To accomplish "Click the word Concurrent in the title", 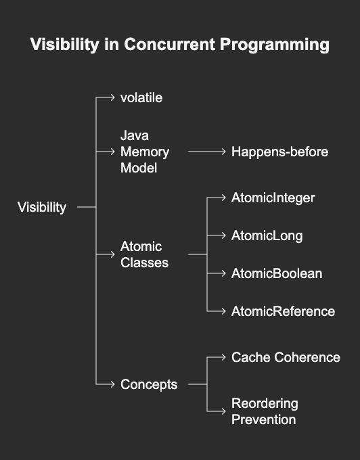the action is click(170, 44).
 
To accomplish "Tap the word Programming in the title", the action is click(275, 45).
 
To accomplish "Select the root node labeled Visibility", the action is click(42, 208).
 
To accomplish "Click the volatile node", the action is click(141, 97).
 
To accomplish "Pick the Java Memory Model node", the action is click(145, 152).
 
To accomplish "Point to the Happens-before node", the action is click(279, 152).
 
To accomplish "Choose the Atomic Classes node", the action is click(144, 254).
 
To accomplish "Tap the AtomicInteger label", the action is click(273, 198).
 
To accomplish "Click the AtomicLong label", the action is click(267, 236).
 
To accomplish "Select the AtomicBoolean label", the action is click(277, 273).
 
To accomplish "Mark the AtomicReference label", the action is click(283, 311).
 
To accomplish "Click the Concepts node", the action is click(149, 385).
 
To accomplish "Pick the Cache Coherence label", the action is click(286, 357).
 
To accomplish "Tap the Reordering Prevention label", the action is click(265, 411).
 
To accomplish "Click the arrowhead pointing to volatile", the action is click(112, 97).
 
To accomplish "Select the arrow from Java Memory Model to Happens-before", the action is click(207, 152).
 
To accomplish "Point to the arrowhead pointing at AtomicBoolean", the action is click(223, 273).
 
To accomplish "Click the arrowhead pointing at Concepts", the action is click(112, 384).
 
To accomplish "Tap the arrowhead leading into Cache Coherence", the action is click(223, 357).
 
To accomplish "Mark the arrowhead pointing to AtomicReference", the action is click(223, 311).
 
